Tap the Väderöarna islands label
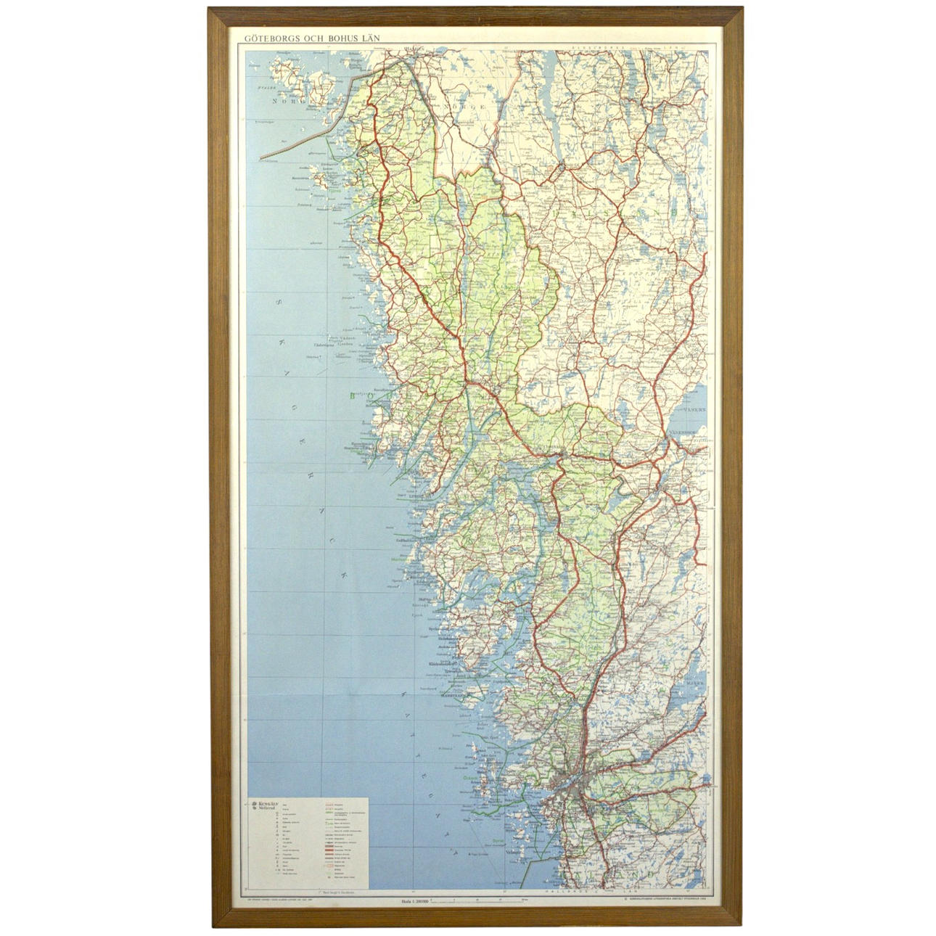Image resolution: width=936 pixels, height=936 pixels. click(x=325, y=345)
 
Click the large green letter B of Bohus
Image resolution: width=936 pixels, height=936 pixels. click(x=352, y=396)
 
